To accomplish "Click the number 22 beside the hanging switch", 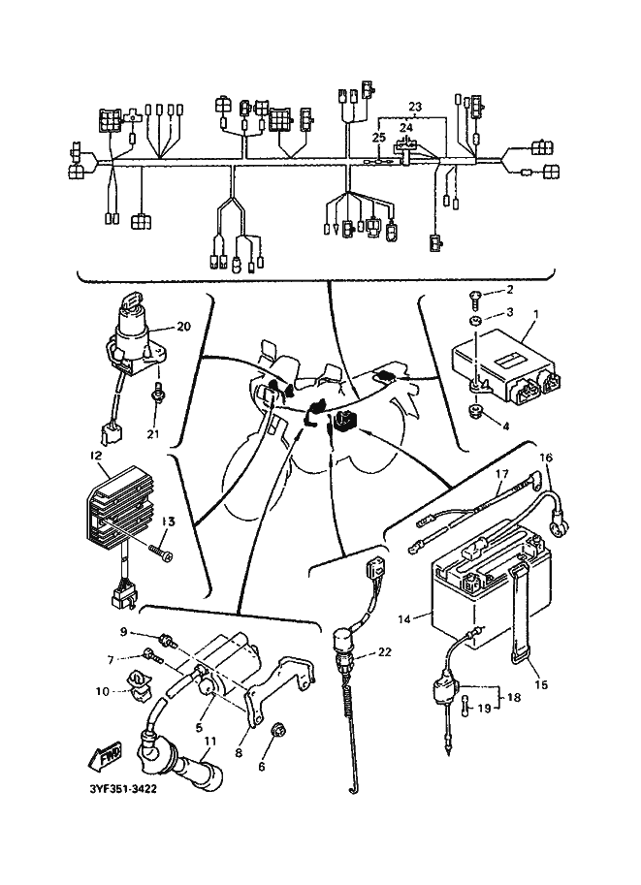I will point(384,651).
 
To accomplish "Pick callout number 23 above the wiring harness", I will point(415,105).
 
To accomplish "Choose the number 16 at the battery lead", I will point(545,458).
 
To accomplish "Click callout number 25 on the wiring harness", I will point(378,139).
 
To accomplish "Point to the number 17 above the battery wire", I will point(502,474).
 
